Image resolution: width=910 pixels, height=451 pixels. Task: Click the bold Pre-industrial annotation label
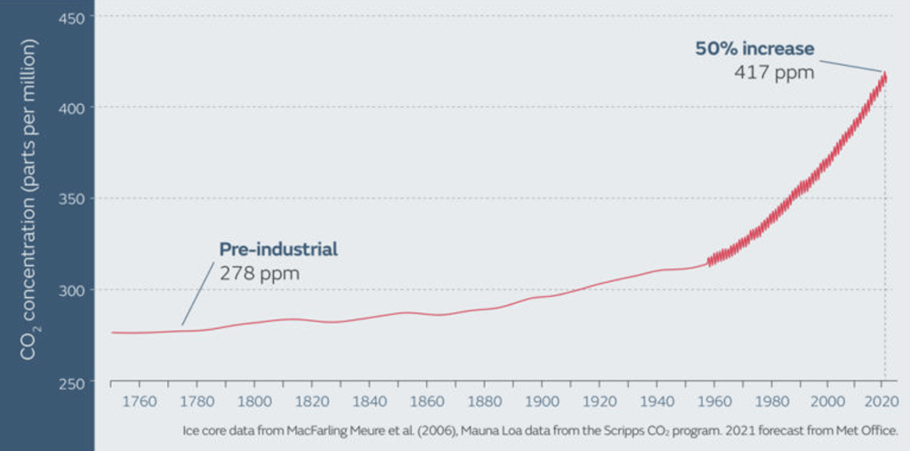point(278,249)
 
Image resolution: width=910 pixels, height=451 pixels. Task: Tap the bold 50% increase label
point(754,48)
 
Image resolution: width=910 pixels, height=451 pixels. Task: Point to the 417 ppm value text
point(774,72)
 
